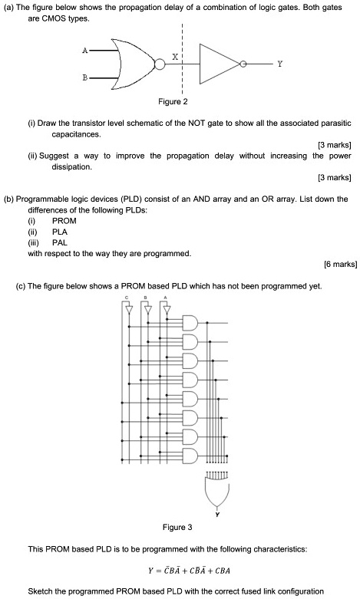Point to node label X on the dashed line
coord(176,58)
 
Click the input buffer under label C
coord(128,311)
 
